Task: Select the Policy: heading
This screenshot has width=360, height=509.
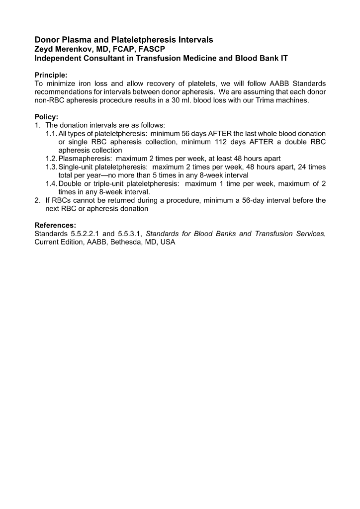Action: pyautogui.click(x=47, y=117)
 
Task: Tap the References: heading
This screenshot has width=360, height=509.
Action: pyautogui.click(x=55, y=225)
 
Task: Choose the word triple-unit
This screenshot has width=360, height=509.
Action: pyautogui.click(x=112, y=184)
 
